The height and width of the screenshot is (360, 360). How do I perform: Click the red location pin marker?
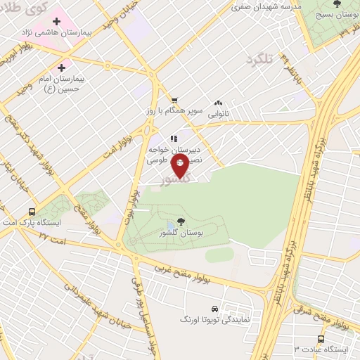pos(181,167)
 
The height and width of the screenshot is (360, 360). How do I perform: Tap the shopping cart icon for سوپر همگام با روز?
pos(174,100)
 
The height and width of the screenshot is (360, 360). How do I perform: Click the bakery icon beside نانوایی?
pos(219,103)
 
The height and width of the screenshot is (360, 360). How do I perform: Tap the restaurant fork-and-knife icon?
pos(172,139)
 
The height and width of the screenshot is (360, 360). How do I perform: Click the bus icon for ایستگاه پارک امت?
pos(31,211)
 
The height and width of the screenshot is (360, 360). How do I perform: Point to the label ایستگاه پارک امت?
pos(51,222)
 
